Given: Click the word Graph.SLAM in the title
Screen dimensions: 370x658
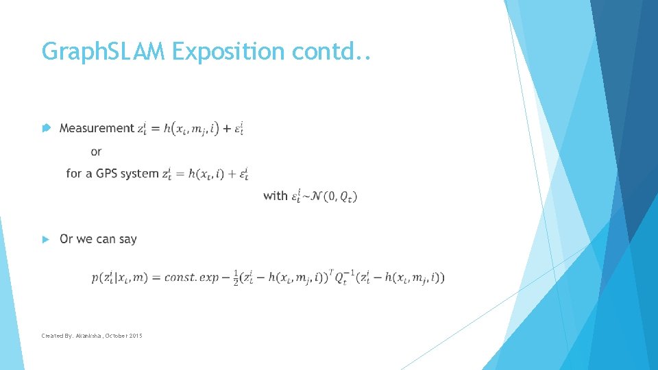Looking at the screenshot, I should tap(103, 51).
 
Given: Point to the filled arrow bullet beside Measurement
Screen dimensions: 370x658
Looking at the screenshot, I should tap(45, 128).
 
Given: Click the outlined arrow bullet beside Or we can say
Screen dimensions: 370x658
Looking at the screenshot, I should tap(45, 239).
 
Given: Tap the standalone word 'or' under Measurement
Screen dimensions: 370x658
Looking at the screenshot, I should tap(96, 151).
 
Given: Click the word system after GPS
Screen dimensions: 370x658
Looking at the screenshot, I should tap(139, 173).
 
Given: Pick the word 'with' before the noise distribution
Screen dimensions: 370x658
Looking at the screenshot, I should tap(275, 196).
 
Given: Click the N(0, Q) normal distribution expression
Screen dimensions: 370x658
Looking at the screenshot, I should tap(332, 196).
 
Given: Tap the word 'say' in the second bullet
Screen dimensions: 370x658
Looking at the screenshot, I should tap(127, 239).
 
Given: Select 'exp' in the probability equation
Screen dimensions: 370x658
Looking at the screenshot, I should tap(221, 277).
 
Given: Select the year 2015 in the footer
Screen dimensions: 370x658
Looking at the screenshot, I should tap(134, 336).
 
